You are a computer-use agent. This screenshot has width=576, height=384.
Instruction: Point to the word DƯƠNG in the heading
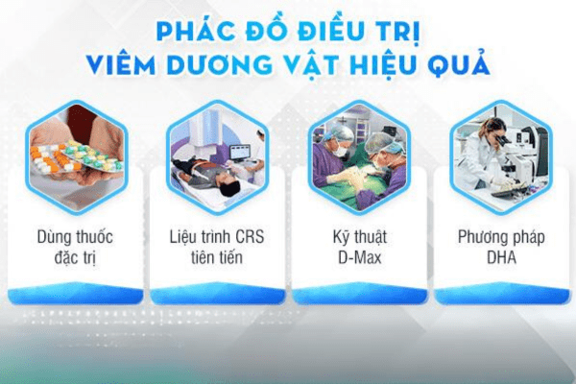click(219, 65)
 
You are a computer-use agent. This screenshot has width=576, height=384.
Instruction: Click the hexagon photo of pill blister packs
click(76, 156)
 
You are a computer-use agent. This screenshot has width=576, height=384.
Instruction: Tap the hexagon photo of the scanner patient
click(218, 156)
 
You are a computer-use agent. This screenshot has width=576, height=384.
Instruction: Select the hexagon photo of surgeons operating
click(359, 156)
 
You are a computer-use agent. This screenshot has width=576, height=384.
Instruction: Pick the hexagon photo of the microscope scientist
click(501, 156)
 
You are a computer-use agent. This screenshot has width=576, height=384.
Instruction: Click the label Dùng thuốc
click(75, 237)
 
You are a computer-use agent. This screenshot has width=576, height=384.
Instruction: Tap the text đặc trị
click(75, 257)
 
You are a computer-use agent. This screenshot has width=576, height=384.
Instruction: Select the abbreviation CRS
click(250, 237)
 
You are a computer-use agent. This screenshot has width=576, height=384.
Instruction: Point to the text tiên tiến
click(217, 257)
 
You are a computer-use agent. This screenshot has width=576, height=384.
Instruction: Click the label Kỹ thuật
click(360, 238)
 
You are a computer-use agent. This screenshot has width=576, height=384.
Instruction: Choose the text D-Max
click(360, 257)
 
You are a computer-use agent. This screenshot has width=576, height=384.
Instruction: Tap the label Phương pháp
click(501, 238)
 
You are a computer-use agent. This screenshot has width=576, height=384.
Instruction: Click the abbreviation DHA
click(501, 257)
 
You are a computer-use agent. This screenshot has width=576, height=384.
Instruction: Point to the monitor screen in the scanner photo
click(239, 152)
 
